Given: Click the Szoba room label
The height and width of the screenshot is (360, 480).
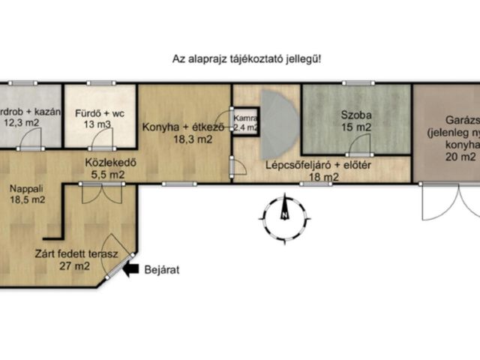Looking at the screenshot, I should click(355, 115).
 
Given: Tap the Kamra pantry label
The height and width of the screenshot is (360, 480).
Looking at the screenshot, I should click(245, 118).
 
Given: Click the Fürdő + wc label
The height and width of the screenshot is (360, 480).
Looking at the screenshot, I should click(100, 115).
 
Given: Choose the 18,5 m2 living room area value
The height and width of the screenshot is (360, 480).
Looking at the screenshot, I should click(26, 200).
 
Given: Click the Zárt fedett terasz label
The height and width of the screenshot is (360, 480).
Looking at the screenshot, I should click(76, 253).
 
